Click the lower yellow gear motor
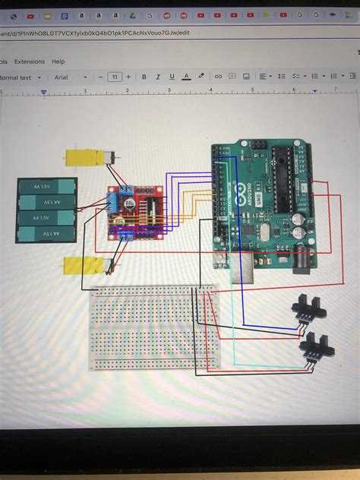(x=83, y=267)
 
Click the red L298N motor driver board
(x=135, y=215)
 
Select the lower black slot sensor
(x=316, y=350)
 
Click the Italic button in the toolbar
(x=158, y=77)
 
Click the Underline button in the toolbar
(x=172, y=77)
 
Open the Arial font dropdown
(x=69, y=77)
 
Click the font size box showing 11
(x=114, y=77)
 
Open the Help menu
(x=58, y=62)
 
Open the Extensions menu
(x=30, y=62)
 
